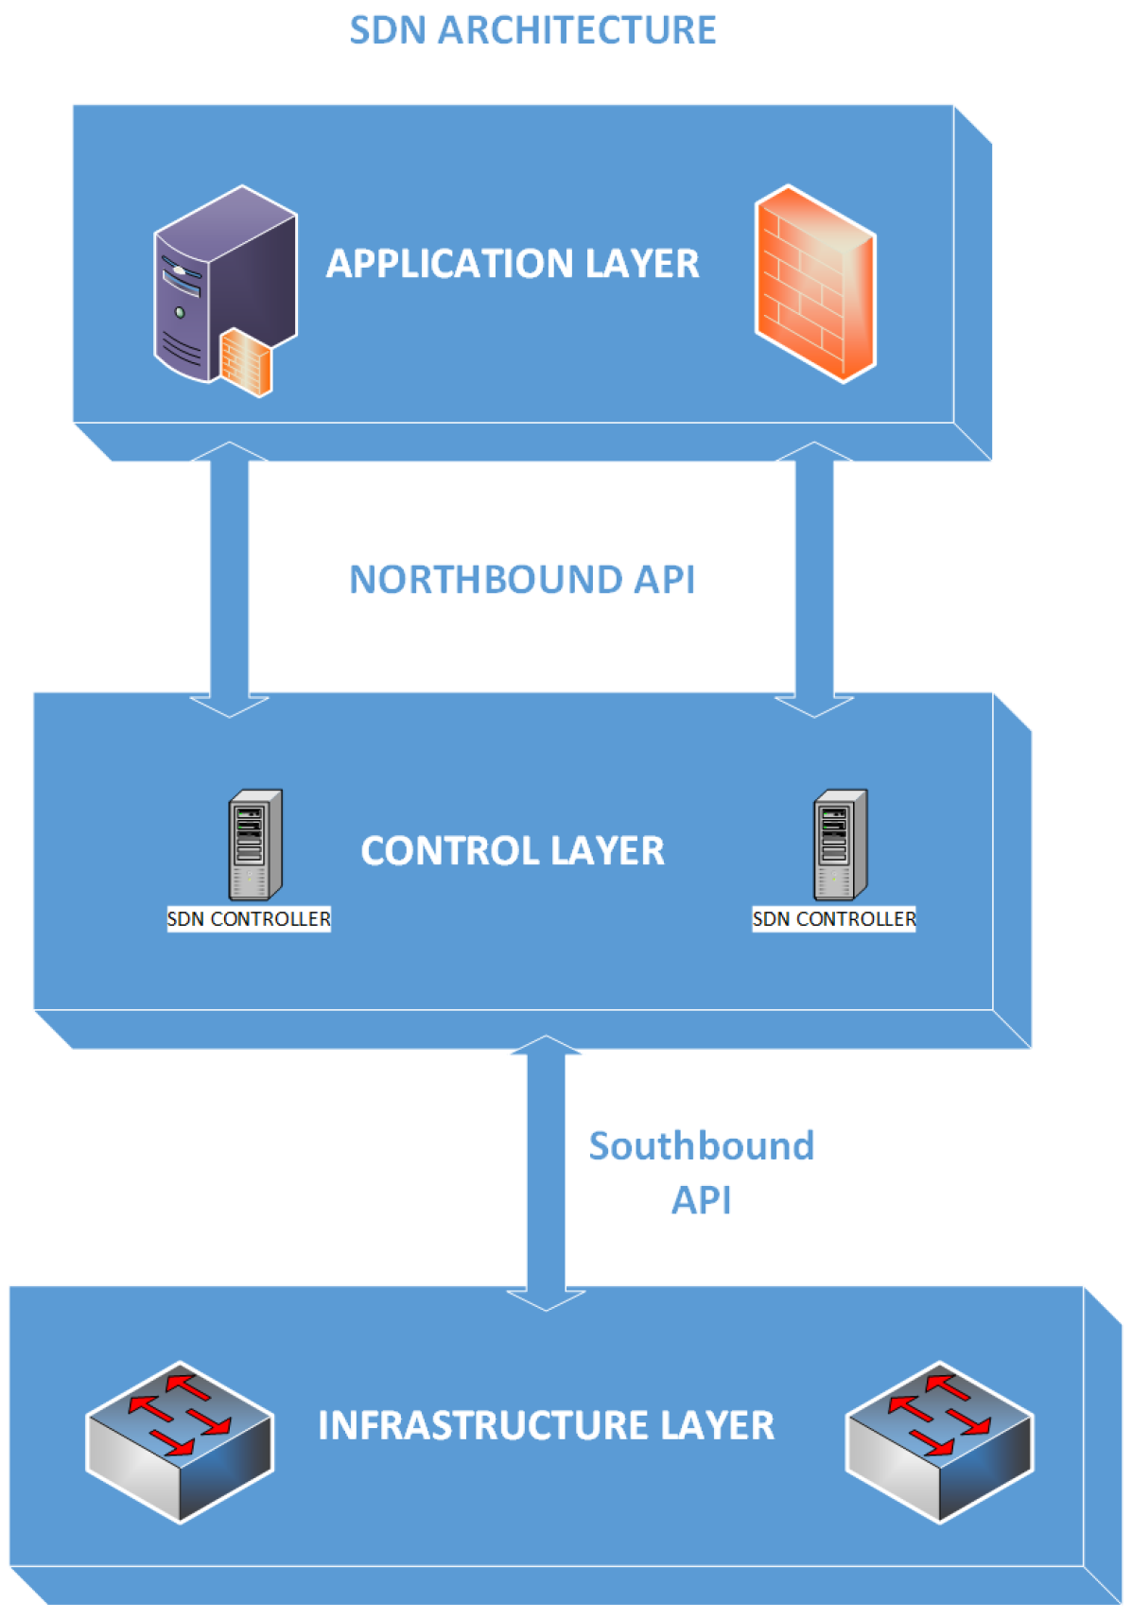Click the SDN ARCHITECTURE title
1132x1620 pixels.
(531, 30)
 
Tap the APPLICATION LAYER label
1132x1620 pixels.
(513, 264)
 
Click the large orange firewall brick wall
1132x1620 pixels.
(815, 284)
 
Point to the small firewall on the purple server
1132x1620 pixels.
(246, 362)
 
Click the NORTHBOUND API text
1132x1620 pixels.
(522, 580)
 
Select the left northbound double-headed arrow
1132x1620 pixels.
(229, 579)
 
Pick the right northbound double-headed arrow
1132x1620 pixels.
(814, 579)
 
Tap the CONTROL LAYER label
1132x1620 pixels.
(513, 851)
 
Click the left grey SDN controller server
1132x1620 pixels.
(254, 845)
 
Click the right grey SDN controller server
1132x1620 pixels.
(840, 845)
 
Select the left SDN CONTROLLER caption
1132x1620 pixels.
(249, 919)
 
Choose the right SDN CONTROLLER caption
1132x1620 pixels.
(834, 919)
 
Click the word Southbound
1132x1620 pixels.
(701, 1146)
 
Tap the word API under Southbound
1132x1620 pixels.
(701, 1200)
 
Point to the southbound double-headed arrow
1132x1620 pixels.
(546, 1173)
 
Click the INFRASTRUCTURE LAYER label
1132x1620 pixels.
(546, 1426)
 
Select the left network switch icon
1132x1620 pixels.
(180, 1440)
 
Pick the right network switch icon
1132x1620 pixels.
(939, 1440)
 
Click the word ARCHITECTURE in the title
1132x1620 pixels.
(576, 30)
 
